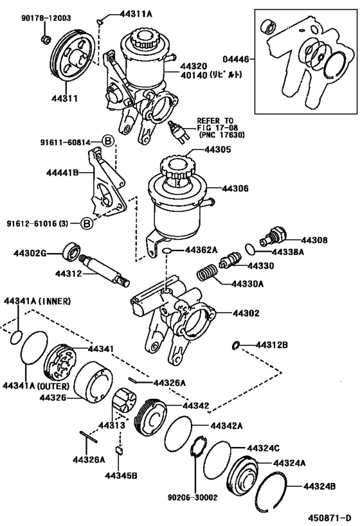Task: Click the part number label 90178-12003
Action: (x=46, y=18)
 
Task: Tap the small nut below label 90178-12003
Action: (x=46, y=39)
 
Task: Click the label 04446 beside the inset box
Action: (x=236, y=59)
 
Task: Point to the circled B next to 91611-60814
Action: (x=108, y=142)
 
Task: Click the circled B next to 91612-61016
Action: (x=87, y=223)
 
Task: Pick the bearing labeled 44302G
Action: (x=72, y=251)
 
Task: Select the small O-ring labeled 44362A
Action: (x=166, y=250)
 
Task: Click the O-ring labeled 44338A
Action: (x=250, y=249)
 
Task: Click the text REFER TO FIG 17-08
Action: (x=217, y=124)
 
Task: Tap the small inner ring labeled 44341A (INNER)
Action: (x=16, y=337)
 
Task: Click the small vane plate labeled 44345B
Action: (x=119, y=450)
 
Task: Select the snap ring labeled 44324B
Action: (x=271, y=491)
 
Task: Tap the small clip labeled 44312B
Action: (x=236, y=345)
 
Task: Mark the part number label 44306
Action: (x=235, y=189)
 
